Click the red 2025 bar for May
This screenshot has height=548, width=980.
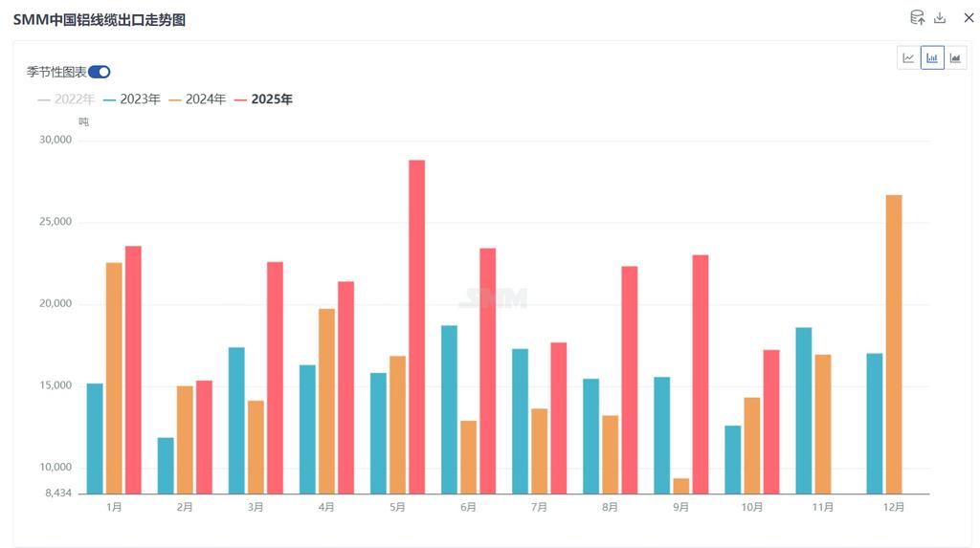(416, 326)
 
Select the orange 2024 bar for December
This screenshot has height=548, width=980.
(894, 344)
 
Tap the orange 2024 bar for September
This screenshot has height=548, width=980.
(681, 486)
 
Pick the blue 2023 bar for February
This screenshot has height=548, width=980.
(166, 466)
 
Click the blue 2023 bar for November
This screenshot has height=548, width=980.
(803, 410)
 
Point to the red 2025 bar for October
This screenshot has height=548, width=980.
(771, 422)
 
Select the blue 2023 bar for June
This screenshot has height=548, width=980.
(449, 409)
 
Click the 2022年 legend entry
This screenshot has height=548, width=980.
(66, 99)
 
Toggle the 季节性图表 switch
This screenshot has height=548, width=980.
(100, 72)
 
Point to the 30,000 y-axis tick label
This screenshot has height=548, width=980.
(55, 140)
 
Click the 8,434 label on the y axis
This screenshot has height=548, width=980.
(58, 493)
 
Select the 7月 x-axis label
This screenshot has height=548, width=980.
(539, 508)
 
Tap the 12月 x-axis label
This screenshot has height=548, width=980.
(893, 508)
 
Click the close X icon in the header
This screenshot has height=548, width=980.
(969, 18)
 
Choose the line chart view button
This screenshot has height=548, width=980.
(908, 58)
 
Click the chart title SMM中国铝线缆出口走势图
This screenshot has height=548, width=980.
(100, 19)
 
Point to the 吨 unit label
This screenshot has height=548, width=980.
(84, 121)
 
